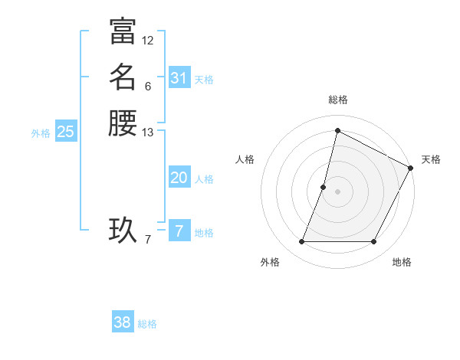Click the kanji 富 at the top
123,31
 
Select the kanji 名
123,77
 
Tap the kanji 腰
123,123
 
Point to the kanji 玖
123,230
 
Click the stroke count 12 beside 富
148,41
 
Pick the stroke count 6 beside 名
148,86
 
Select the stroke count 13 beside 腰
148,133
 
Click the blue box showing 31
179,78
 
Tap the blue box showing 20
179,178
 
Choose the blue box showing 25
66,132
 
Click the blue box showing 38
123,322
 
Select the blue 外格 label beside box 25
41,133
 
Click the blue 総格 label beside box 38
147,324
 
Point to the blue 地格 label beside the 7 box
205,233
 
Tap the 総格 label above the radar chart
338,100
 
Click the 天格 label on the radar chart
431,159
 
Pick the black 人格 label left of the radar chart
245,159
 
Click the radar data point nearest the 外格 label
302,242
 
